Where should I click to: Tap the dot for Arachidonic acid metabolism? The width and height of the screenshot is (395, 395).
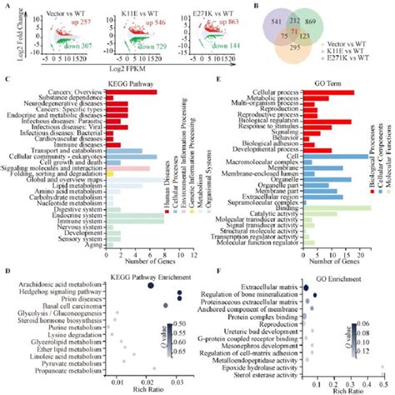click(x=150, y=285)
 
